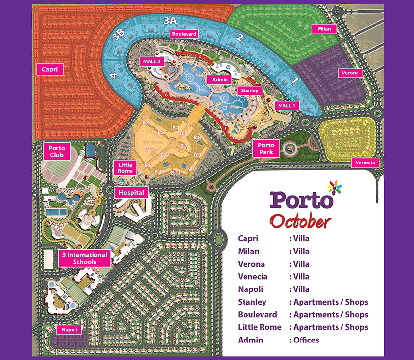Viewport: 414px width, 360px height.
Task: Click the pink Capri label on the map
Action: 50,69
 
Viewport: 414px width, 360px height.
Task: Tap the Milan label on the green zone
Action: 324,29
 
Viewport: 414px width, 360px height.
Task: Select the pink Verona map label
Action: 350,73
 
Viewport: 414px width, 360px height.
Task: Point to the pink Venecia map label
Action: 365,162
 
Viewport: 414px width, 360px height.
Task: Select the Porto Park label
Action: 266,148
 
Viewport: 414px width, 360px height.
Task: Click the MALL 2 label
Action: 152,62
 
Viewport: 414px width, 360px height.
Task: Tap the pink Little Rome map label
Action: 125,168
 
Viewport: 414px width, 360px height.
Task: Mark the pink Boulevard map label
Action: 184,34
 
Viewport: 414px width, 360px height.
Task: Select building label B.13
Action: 149,148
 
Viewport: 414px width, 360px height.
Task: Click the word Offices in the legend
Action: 306,340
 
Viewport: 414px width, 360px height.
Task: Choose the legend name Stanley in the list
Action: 252,302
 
